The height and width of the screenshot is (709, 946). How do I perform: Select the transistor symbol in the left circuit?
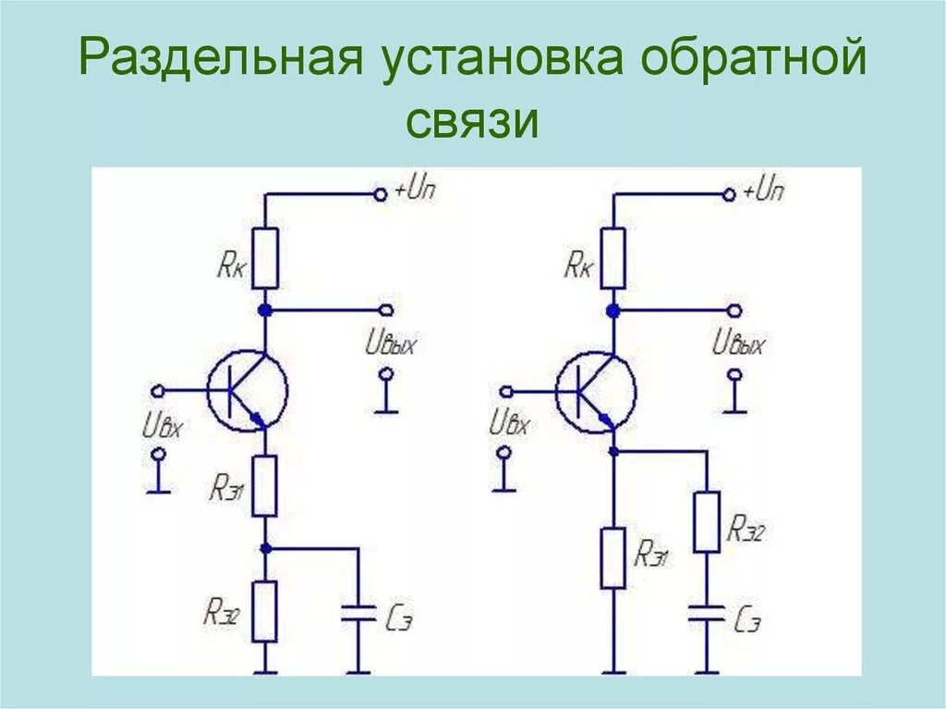pyautogui.click(x=247, y=391)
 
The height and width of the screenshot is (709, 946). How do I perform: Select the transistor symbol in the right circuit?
pyautogui.click(x=596, y=391)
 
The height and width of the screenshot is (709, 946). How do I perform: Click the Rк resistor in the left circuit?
pyautogui.click(x=265, y=258)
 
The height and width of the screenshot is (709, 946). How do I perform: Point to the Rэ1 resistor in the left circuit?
pyautogui.click(x=265, y=485)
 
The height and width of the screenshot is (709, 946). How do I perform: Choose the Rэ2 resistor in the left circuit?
pyautogui.click(x=265, y=611)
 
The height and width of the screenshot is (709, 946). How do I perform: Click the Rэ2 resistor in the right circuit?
pyautogui.click(x=707, y=521)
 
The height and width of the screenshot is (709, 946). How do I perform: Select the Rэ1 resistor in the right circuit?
pyautogui.click(x=612, y=557)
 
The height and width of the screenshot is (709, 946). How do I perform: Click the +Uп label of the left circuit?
pyautogui.click(x=415, y=192)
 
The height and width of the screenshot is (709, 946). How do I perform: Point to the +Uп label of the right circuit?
pyautogui.click(x=763, y=192)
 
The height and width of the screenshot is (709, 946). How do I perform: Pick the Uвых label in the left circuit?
pyautogui.click(x=391, y=345)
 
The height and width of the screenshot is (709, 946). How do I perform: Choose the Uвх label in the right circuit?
pyautogui.click(x=509, y=424)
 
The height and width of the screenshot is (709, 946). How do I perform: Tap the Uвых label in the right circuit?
pyautogui.click(x=739, y=345)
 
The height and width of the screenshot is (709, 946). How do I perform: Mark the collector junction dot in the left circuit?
pyautogui.click(x=265, y=310)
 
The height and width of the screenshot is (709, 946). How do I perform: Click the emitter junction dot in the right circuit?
pyautogui.click(x=613, y=451)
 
